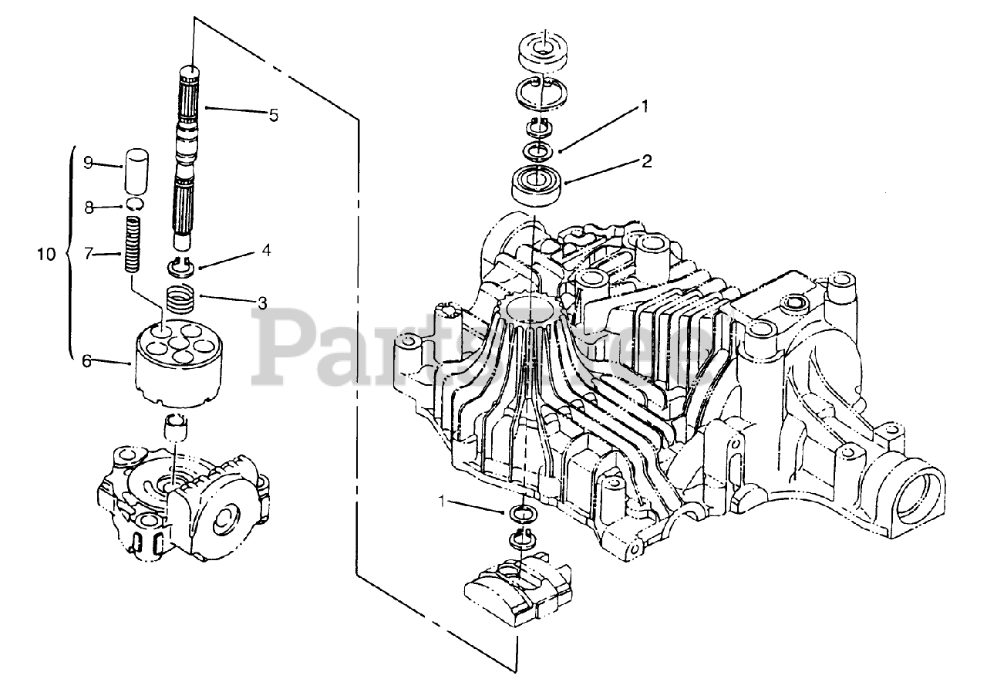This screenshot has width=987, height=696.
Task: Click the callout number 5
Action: coord(273,115)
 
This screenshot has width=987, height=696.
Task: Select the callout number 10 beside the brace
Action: coord(47,253)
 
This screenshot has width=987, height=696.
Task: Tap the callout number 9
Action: coord(88,162)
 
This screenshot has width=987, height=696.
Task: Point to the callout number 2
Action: coord(646,161)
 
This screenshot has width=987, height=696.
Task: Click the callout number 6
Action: coord(88,360)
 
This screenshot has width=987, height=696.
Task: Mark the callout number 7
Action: coord(88,253)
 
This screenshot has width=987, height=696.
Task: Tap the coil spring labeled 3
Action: coord(180,298)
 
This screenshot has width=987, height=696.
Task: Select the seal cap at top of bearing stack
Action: coord(544,52)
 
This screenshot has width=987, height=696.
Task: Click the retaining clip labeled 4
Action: coord(179,268)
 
